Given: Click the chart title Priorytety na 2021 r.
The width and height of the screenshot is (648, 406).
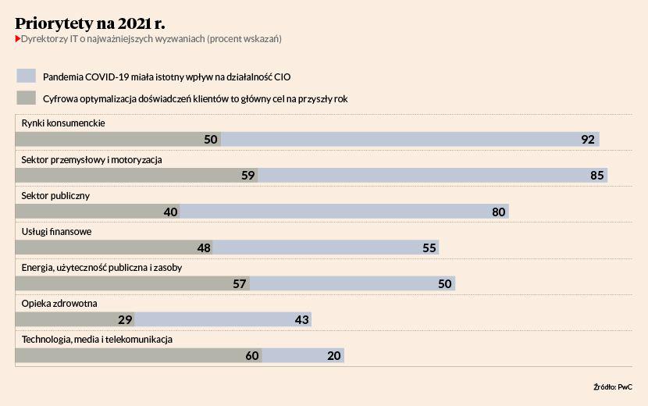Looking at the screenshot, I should click(x=90, y=22).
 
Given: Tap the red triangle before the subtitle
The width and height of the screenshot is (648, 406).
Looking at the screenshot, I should click(x=18, y=38).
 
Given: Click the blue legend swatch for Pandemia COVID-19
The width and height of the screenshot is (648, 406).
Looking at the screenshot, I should click(x=27, y=76).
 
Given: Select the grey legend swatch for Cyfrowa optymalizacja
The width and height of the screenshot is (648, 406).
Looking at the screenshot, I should click(x=27, y=98).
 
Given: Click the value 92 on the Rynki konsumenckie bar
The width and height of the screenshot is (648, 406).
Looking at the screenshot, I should click(x=589, y=140).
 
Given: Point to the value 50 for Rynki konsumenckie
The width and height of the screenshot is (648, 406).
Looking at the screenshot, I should click(x=210, y=140).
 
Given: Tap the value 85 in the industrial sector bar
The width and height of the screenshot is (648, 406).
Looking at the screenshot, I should click(x=597, y=176).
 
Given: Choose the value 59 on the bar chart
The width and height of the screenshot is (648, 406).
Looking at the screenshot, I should click(x=248, y=176).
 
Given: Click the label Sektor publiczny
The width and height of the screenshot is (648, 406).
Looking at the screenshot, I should click(x=55, y=196).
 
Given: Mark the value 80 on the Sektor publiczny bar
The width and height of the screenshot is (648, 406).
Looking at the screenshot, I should click(x=499, y=212).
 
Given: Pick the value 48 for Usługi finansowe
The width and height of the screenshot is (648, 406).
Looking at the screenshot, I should click(x=204, y=248).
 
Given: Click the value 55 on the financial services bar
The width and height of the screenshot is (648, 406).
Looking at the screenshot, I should click(x=429, y=248).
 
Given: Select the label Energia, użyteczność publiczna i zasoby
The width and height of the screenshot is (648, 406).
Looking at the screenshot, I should click(x=101, y=268).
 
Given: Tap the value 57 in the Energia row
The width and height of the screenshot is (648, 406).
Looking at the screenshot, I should click(x=240, y=283).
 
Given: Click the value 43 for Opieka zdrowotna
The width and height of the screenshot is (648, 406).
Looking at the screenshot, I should click(x=302, y=319).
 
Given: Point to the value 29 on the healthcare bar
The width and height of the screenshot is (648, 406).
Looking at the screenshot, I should click(x=125, y=319).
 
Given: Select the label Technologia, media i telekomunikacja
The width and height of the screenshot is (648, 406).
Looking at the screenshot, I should click(x=97, y=340).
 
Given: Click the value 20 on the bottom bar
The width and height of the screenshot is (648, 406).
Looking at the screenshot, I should click(x=334, y=355).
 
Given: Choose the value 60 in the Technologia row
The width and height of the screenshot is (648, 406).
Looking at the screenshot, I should click(x=251, y=355).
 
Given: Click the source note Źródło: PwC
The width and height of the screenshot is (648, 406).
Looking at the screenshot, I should click(x=612, y=386).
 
